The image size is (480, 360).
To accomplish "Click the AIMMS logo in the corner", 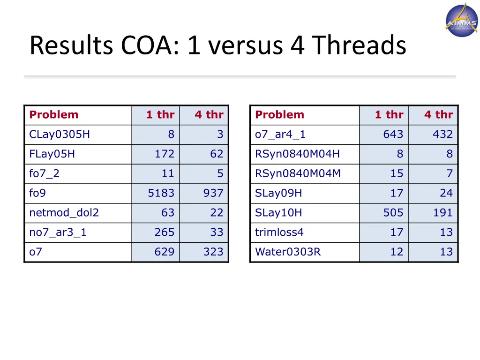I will tap(461, 20).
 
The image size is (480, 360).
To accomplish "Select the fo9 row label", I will tap(37, 193).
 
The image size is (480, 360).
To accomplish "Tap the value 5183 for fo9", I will tap(161, 193).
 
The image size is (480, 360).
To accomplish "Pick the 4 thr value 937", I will tap(213, 193).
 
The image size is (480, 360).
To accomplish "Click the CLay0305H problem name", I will tap(60, 135).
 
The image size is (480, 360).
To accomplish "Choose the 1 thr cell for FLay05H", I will tap(164, 154).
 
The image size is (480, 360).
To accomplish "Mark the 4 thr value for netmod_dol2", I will tap(217, 213).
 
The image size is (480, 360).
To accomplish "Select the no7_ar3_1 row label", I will tap(58, 232).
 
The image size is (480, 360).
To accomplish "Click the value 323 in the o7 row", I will tap(213, 252).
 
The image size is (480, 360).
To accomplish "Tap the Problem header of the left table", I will tap(53, 115).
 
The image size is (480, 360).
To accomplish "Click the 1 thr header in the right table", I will tap(389, 115).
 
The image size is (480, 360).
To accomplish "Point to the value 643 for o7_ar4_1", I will tap(393, 135).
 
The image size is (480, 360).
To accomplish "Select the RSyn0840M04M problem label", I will tap(298, 174).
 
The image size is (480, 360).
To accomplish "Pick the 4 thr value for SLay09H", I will tap(446, 193).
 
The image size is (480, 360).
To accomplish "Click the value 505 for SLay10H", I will tap(393, 213).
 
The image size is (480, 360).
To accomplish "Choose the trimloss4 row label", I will tap(279, 232).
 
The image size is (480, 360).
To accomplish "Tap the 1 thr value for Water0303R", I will tap(397, 252).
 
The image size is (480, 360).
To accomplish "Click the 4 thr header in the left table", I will tap(209, 115).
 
